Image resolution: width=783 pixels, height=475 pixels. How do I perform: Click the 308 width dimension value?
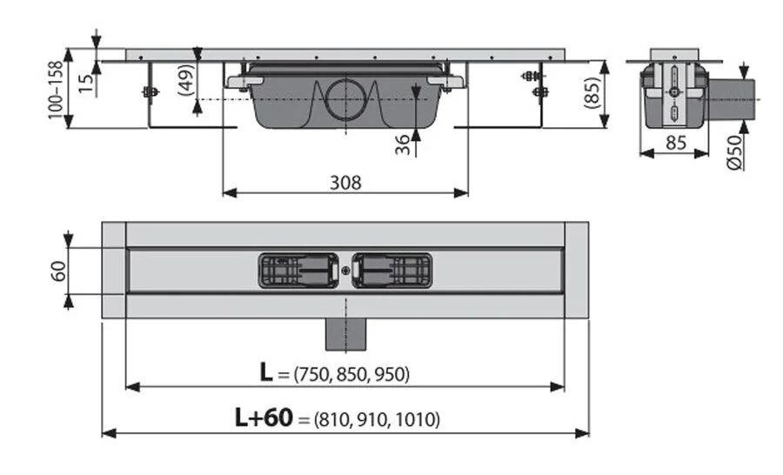click(x=345, y=182)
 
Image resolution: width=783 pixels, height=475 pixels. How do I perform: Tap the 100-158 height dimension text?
click(x=57, y=90)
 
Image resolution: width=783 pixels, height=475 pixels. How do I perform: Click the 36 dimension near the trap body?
click(x=402, y=144)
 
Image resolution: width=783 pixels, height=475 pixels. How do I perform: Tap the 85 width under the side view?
click(x=675, y=143)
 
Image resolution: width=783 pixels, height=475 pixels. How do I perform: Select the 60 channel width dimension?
click(x=57, y=271)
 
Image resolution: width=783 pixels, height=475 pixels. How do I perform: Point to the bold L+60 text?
click(x=263, y=418)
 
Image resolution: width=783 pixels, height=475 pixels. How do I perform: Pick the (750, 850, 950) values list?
click(x=351, y=375)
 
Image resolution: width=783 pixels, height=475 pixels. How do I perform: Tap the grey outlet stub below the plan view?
click(x=345, y=330)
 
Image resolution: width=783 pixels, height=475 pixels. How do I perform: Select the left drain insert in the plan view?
click(x=299, y=271)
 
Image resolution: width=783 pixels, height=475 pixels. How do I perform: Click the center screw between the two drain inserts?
click(x=345, y=271)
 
